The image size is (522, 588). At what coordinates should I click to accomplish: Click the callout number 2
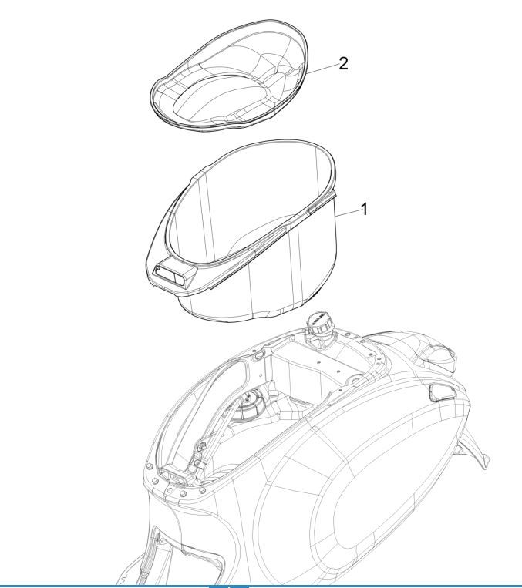pos(343,63)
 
